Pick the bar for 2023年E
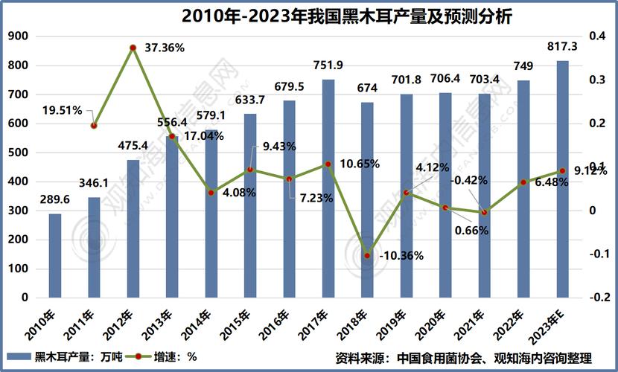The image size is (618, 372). (x=562, y=179)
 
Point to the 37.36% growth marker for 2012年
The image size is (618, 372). (x=133, y=48)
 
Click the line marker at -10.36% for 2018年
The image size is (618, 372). (x=366, y=256)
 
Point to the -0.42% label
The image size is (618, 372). (x=470, y=179)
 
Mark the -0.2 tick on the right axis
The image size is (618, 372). (x=599, y=298)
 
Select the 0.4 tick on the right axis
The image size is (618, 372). (x=599, y=36)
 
